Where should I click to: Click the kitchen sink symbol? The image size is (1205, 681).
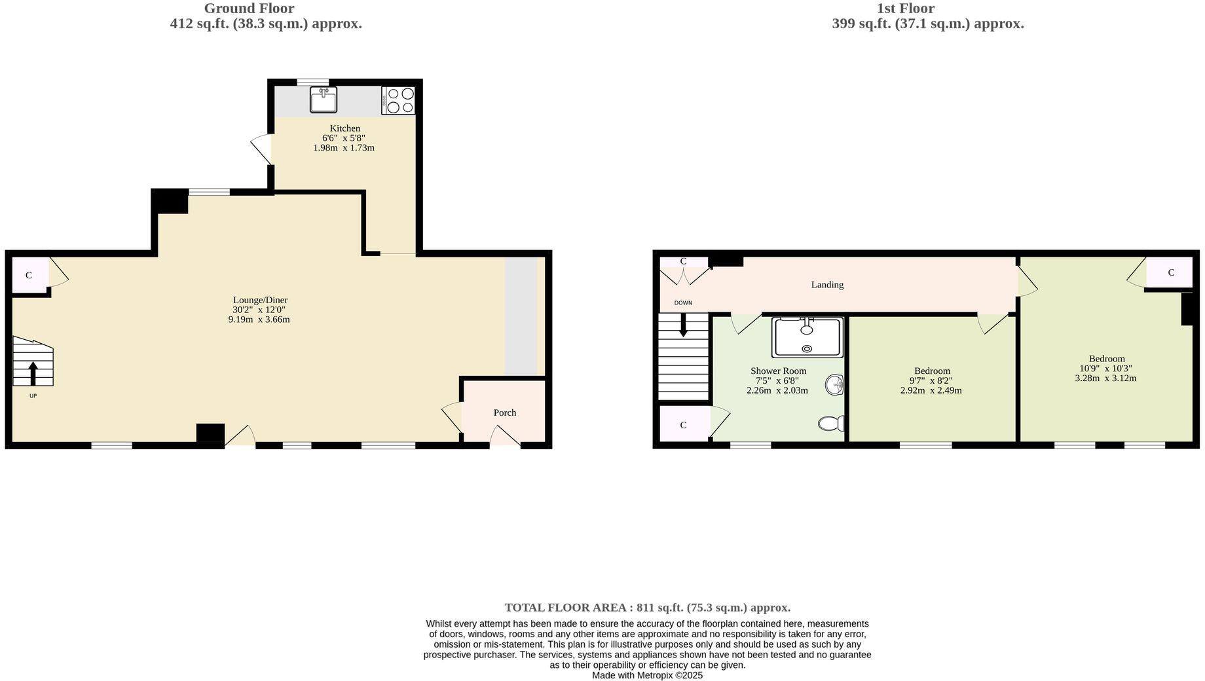click(x=323, y=100)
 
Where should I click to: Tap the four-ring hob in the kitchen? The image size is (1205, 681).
click(x=398, y=100)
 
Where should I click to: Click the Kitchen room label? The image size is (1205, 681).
click(x=344, y=128)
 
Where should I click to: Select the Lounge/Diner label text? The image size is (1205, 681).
click(x=260, y=300)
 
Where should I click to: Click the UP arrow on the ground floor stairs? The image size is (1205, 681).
click(x=33, y=373)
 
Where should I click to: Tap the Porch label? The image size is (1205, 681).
click(x=504, y=413)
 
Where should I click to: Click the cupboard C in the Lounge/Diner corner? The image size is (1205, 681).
click(x=29, y=275)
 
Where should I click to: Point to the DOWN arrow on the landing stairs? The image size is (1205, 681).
click(x=683, y=325)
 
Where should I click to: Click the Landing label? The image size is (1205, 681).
click(x=827, y=285)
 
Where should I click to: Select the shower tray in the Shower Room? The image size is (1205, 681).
click(x=807, y=337)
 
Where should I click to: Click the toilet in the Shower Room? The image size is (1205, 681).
click(x=831, y=424)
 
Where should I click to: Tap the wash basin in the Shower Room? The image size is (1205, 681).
click(x=834, y=385)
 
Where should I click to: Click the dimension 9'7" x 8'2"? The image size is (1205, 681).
click(x=931, y=380)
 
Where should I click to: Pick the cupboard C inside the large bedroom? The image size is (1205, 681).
click(x=1171, y=272)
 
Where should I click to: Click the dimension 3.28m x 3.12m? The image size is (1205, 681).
click(x=1105, y=378)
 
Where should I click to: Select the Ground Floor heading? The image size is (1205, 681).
click(x=249, y=9)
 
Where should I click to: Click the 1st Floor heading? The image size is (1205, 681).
click(x=905, y=9)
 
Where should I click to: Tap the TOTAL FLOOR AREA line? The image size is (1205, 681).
click(x=647, y=608)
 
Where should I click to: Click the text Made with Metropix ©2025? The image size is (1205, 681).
click(x=647, y=675)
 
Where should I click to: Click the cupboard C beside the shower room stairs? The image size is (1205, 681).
click(x=683, y=425)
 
